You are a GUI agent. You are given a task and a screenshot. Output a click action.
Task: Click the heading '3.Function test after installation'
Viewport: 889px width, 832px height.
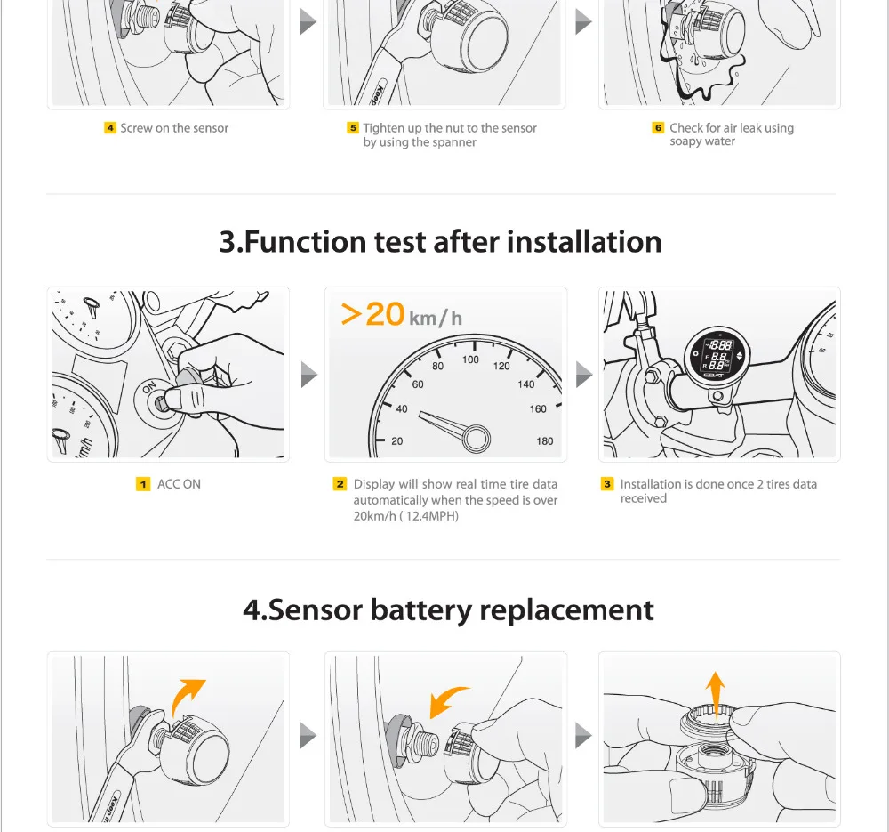coord(440,241)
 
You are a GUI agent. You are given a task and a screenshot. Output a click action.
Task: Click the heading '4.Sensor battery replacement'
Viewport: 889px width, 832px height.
coord(448,610)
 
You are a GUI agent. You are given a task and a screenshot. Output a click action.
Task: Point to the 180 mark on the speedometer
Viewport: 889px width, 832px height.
coord(545,440)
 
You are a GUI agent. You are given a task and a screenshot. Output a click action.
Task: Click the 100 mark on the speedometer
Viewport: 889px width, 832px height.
coord(470,359)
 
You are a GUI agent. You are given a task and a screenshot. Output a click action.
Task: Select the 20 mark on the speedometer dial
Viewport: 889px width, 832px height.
coord(396,440)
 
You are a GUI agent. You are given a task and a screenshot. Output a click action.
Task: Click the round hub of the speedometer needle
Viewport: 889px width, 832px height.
coord(476,437)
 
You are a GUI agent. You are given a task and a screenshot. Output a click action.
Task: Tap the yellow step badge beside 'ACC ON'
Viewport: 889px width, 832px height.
coord(143,484)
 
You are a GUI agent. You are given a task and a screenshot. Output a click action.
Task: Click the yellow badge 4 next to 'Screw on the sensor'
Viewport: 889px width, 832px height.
coord(110,128)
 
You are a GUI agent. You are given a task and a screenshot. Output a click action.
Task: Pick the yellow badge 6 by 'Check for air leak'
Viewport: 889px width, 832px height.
coord(659,128)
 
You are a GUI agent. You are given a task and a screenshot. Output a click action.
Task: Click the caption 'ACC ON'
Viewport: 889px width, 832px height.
coord(179,484)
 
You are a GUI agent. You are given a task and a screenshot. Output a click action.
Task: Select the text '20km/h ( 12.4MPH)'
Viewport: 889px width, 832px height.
coord(406,516)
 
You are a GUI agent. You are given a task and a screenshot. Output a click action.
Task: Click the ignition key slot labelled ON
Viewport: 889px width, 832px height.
coord(159,403)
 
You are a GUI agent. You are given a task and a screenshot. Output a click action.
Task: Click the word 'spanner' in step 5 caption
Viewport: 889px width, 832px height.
coord(454,142)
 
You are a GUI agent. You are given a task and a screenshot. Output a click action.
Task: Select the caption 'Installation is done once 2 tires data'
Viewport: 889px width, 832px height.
coord(718,484)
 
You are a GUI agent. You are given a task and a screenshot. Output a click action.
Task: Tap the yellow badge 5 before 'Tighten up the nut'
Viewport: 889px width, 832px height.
coord(353,128)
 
